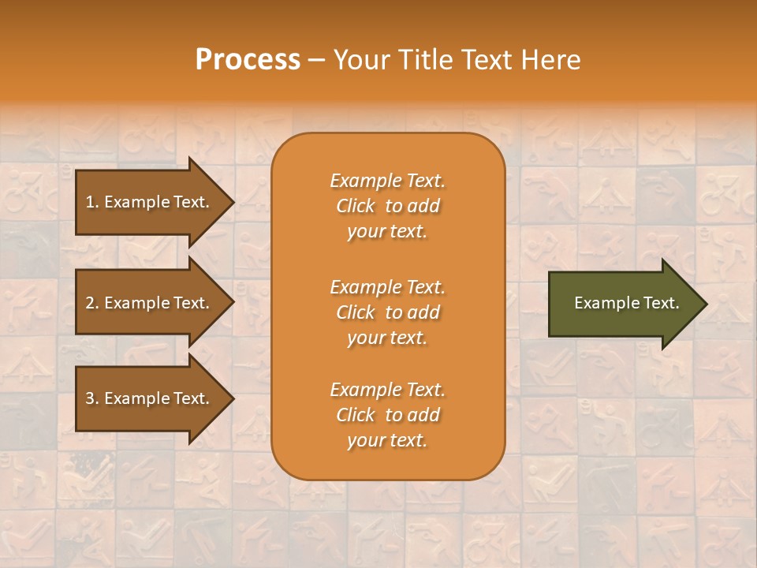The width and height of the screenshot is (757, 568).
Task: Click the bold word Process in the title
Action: coord(248,60)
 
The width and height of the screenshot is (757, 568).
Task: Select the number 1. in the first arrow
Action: coord(92,202)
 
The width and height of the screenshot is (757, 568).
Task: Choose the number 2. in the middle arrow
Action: coord(92,303)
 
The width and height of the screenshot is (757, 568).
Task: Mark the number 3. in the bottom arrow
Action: coord(92,398)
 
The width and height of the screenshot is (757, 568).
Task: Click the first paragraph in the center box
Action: coord(387,206)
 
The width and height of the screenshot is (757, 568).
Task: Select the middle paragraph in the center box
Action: coord(387,312)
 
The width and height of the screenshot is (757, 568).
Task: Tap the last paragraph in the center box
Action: coord(387,415)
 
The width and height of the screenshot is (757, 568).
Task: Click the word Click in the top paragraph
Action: coord(356,206)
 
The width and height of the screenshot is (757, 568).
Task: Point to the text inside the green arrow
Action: coord(626,303)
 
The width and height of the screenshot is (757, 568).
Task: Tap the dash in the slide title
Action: coord(316,61)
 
